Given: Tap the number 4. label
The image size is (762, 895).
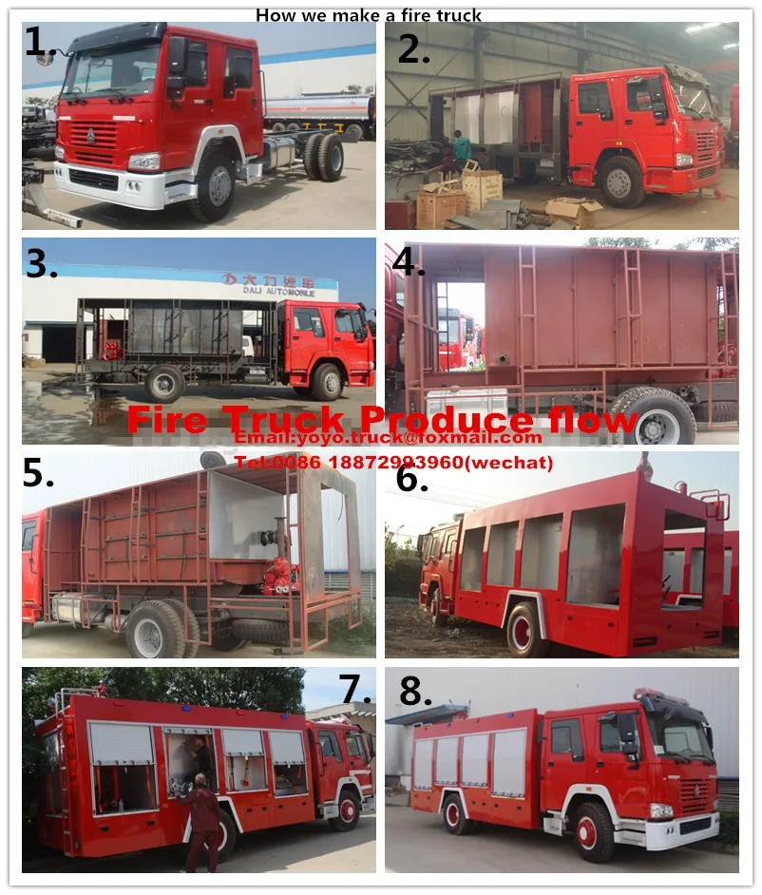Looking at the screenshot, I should (409, 262).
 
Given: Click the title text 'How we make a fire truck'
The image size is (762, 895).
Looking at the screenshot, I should (369, 15).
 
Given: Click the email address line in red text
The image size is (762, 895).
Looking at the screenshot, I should (389, 438).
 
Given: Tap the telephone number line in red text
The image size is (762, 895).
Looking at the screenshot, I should (393, 464).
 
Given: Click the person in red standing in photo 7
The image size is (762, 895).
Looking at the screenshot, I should (202, 822).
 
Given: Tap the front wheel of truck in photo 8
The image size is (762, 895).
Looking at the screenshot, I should (595, 830).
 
